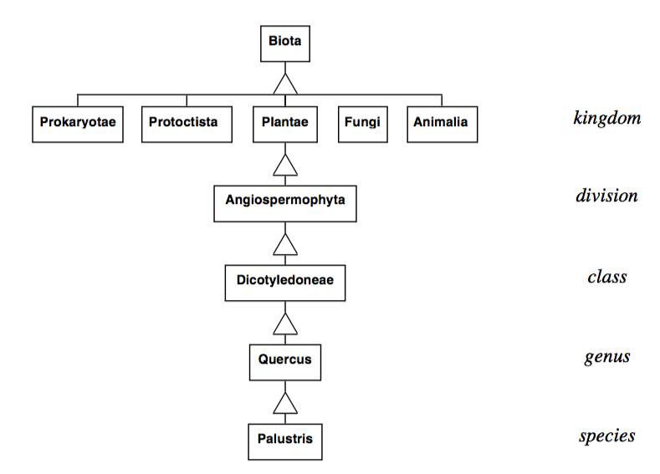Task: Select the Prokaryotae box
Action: tap(77, 123)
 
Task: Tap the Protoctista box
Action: tap(186, 123)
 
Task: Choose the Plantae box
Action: tap(285, 123)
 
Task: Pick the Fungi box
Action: tap(362, 123)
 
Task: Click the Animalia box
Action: tap(441, 123)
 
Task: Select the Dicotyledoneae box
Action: tap(285, 282)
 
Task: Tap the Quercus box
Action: tap(285, 361)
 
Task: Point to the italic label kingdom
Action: tap(607, 118)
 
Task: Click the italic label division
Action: tap(606, 196)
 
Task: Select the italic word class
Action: tap(606, 277)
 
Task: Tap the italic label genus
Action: tap(606, 358)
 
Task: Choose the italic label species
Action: tap(606, 436)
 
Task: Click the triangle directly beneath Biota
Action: tap(286, 84)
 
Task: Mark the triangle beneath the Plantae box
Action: tap(286, 165)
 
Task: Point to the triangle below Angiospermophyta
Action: tap(286, 244)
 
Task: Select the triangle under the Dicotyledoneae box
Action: tap(286, 324)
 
